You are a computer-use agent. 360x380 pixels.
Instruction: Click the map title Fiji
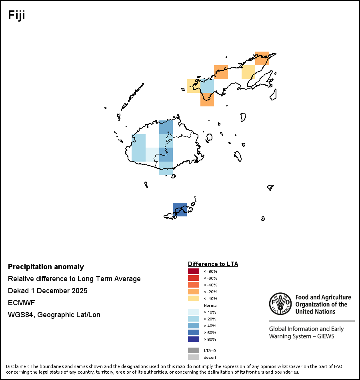17,15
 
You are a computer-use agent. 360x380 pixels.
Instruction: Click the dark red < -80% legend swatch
193,272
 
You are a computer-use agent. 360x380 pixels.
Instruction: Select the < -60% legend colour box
193,278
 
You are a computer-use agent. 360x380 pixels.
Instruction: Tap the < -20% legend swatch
193,292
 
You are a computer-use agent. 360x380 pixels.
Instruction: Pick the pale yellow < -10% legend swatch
193,298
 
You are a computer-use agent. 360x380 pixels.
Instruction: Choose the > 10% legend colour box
193,312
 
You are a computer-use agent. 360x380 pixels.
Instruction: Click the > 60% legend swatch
193,332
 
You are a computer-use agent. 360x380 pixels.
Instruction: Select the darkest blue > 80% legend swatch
193,339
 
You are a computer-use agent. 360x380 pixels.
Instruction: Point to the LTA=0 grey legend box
193,350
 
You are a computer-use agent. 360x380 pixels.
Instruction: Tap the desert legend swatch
193,357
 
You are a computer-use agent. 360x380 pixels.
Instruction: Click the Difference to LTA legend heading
213,264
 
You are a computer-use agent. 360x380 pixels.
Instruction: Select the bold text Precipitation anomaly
46,267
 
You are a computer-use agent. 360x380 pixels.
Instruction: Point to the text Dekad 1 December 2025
48,291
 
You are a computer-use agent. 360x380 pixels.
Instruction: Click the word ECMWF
21,303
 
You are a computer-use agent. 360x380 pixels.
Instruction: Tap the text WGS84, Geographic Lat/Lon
54,315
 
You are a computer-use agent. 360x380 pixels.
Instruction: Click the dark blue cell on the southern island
180,210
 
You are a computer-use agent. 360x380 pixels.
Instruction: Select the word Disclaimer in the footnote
17,366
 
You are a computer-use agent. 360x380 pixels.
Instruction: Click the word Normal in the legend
211,305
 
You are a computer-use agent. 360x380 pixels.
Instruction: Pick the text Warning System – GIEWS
302,336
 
